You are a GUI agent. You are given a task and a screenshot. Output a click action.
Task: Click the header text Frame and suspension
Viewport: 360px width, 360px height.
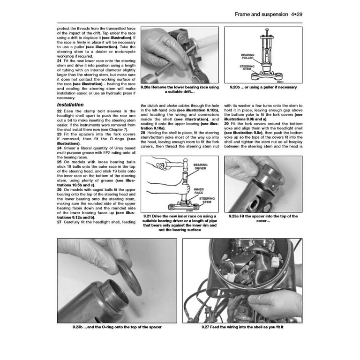click(261, 15)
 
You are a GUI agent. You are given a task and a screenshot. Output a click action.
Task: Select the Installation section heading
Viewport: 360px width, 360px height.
click(70, 105)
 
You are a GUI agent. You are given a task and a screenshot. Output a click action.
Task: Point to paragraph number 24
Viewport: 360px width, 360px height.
click(59, 149)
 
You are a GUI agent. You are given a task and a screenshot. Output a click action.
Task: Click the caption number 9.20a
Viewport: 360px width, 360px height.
click(151, 87)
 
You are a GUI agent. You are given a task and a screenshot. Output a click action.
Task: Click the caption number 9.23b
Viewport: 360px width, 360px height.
click(79, 327)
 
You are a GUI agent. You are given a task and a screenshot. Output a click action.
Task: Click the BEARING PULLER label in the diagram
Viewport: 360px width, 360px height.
click(247, 56)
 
